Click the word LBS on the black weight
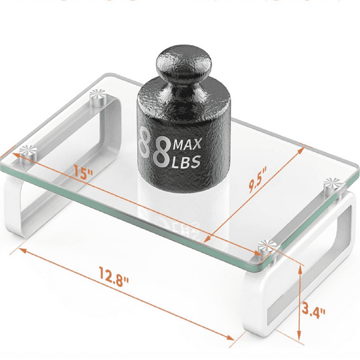click(x=186, y=162)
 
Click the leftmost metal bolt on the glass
click(x=26, y=150)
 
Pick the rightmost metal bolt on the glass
click(x=331, y=184)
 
